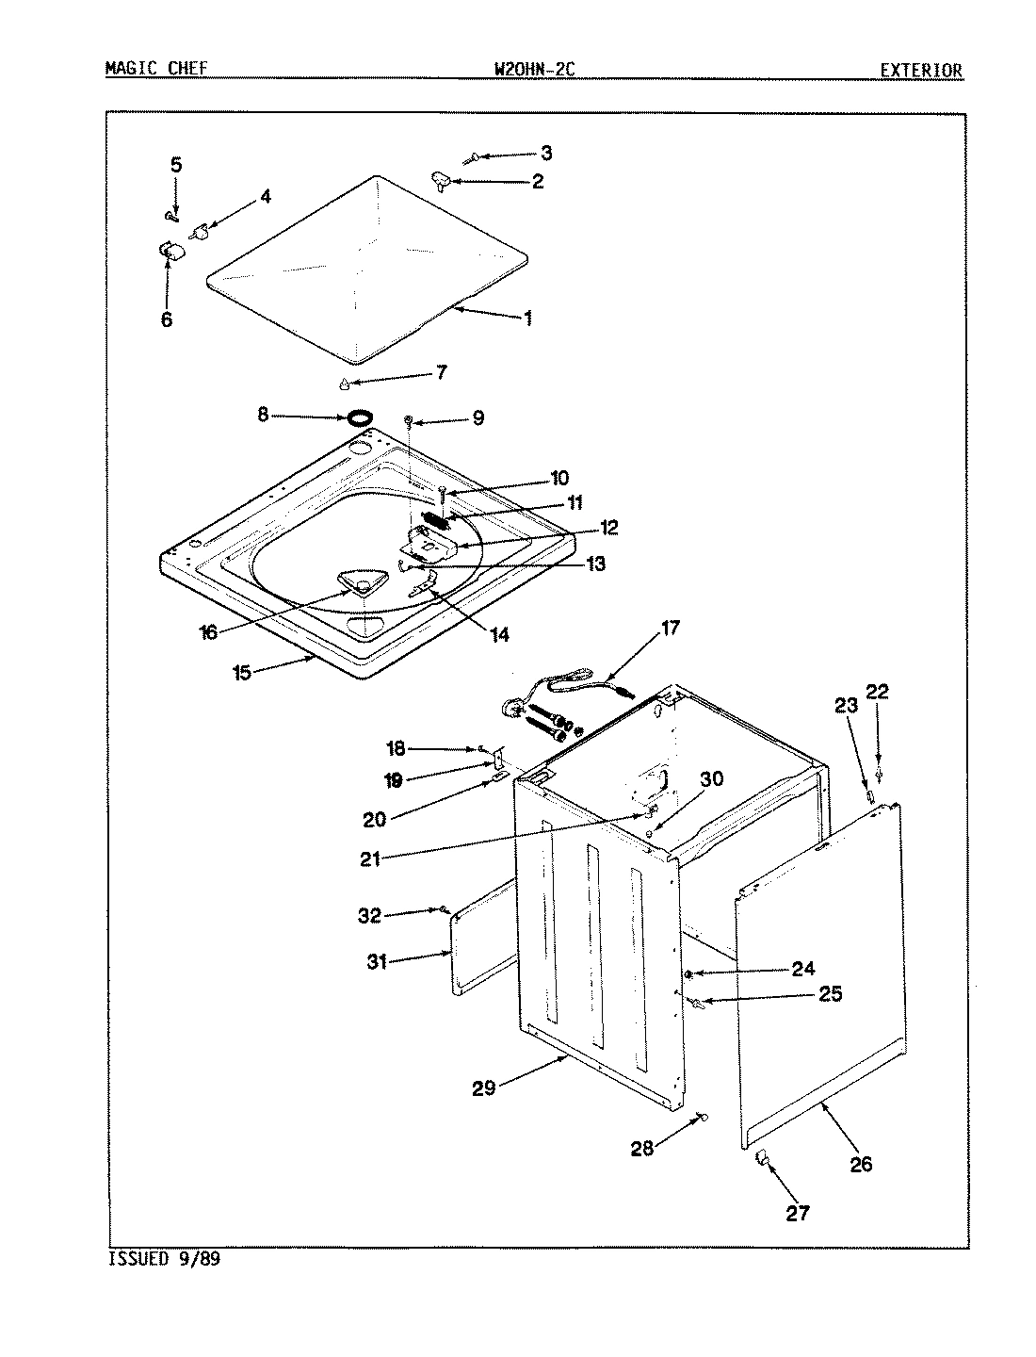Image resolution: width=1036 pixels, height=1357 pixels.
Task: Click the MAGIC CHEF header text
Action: pyautogui.click(x=155, y=69)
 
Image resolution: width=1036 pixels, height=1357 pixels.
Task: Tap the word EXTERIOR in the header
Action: pyautogui.click(x=920, y=70)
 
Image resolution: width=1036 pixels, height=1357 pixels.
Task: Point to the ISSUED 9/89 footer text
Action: pyautogui.click(x=164, y=1259)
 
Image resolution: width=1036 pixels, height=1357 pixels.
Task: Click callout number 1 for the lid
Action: pyautogui.click(x=527, y=319)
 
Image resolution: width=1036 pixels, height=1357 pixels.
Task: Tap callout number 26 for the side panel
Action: pyautogui.click(x=861, y=1164)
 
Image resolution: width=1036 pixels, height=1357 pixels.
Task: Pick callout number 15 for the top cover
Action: pyautogui.click(x=242, y=674)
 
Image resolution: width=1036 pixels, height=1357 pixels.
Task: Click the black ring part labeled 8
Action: pyautogui.click(x=359, y=417)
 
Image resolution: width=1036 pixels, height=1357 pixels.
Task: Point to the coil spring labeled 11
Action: pyautogui.click(x=434, y=519)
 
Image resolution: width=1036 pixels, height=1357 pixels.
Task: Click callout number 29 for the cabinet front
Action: pyautogui.click(x=485, y=1088)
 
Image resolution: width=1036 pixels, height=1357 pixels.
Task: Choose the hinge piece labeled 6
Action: pyautogui.click(x=170, y=249)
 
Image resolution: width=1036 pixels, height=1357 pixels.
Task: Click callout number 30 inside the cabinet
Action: pyautogui.click(x=711, y=779)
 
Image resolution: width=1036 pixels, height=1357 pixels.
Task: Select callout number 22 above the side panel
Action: pyautogui.click(x=877, y=693)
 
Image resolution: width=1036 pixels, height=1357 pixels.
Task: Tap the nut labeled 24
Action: pyautogui.click(x=690, y=973)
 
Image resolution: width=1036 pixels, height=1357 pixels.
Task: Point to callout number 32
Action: pyautogui.click(x=371, y=915)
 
